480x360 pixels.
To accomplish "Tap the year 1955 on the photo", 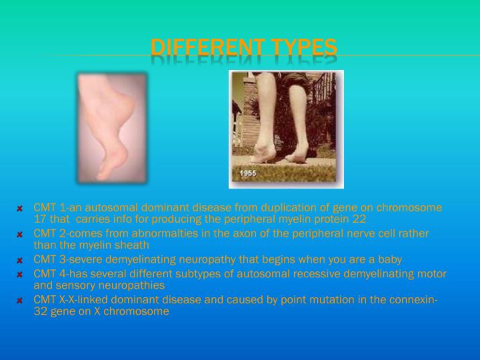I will point(249,173).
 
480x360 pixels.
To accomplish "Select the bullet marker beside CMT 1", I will point(20,208).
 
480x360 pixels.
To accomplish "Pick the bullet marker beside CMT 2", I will point(20,234).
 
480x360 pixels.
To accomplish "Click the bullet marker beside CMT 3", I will point(20,260).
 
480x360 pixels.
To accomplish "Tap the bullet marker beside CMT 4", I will point(20,274).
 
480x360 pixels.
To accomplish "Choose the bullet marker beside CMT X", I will point(20,300).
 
